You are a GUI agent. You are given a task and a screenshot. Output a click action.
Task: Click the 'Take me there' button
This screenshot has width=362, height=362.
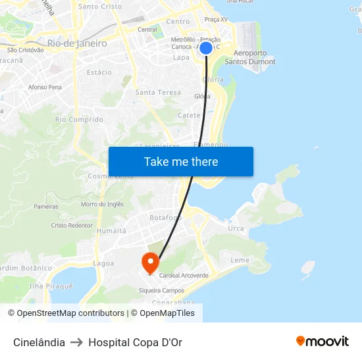(x=181, y=161)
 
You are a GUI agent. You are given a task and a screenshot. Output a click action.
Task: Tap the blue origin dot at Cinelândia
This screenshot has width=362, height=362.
(x=206, y=48)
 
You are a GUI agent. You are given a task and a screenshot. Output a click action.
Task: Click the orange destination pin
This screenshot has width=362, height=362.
(x=150, y=263)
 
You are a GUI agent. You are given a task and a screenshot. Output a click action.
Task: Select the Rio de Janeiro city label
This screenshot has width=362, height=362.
(x=77, y=43)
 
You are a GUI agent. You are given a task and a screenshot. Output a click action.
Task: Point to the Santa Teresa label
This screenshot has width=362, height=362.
(x=158, y=93)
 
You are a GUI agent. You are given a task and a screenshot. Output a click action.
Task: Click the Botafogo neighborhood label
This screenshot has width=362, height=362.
(x=166, y=218)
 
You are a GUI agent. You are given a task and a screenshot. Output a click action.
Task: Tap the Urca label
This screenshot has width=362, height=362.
(x=236, y=228)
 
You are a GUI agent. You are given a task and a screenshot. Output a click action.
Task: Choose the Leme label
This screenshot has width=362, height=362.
(x=240, y=260)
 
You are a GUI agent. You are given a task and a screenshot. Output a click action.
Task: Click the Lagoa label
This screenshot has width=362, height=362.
(x=103, y=263)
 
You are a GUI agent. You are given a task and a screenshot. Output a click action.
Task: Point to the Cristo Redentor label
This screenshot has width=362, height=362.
(x=72, y=225)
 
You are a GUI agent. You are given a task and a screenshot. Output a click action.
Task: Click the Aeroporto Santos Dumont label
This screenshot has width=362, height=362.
(x=250, y=57)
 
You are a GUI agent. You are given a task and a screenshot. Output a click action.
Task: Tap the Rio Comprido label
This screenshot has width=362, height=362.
(x=79, y=120)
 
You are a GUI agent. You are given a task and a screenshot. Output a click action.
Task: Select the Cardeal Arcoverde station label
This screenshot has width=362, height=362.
(x=184, y=275)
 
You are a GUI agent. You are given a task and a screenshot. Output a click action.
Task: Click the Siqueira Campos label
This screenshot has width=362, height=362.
(x=161, y=290)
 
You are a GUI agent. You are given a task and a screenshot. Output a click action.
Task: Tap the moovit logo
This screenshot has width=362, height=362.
(x=323, y=342)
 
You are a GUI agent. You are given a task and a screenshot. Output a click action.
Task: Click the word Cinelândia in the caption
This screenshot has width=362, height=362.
(x=39, y=342)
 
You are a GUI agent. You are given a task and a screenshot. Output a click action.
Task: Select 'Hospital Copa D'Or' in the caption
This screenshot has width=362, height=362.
(x=136, y=342)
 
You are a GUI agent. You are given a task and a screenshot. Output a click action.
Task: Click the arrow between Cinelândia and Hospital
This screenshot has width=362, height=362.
(x=77, y=342)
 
